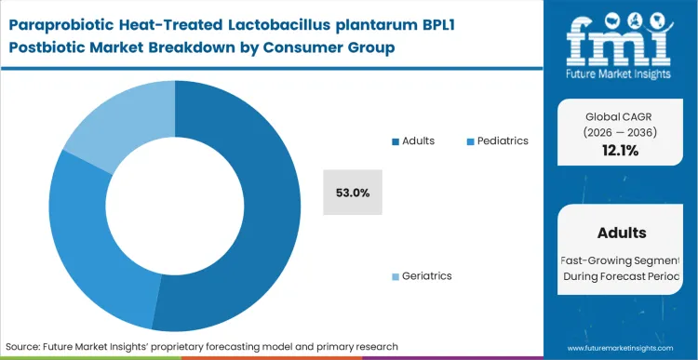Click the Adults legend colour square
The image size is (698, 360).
tap(396, 141)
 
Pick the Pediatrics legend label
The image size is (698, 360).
tap(503, 140)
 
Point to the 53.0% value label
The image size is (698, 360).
tap(353, 193)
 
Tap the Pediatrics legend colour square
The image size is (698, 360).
tap(470, 141)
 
